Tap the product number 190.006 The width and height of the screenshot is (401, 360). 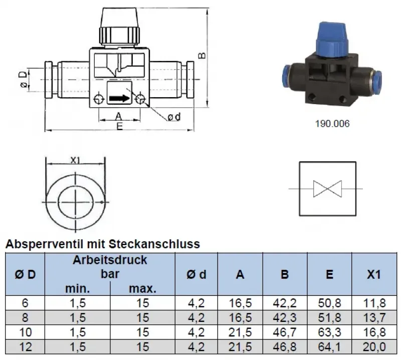(x=333, y=123)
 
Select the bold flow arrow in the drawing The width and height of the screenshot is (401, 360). (x=118, y=98)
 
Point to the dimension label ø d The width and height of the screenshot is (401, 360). (x=174, y=117)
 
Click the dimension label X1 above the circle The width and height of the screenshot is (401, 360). (x=75, y=160)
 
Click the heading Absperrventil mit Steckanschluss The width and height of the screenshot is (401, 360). (x=102, y=244)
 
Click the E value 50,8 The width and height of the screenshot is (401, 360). (x=329, y=303)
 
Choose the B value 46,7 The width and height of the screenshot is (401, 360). (x=284, y=332)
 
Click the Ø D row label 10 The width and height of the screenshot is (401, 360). (x=25, y=332)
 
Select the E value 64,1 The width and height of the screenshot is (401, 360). (x=329, y=346)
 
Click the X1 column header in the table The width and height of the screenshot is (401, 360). (x=374, y=274)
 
